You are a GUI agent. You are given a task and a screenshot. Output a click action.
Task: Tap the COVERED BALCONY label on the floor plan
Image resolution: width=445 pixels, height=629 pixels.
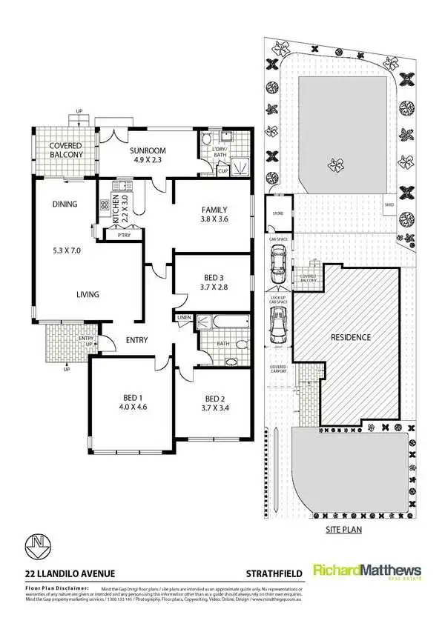point(66,150)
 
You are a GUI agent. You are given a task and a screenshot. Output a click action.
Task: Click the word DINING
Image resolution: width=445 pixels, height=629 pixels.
point(65,204)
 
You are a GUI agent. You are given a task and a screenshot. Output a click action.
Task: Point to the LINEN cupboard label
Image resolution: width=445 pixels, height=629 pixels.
point(185,318)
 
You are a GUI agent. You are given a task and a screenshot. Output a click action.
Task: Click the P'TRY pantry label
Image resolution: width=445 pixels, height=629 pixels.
point(113,235)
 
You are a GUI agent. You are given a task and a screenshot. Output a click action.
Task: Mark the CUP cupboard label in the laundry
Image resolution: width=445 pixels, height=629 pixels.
point(222,171)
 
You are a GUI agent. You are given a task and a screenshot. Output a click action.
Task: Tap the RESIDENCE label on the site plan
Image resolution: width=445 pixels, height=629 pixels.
point(350,337)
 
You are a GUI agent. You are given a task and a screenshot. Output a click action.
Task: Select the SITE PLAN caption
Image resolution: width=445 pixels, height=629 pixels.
point(343,530)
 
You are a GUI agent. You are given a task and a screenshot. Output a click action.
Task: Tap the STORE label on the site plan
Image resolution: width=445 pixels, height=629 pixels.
point(278,214)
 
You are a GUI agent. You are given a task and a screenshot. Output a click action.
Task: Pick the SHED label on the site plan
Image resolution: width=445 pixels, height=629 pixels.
point(388,205)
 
